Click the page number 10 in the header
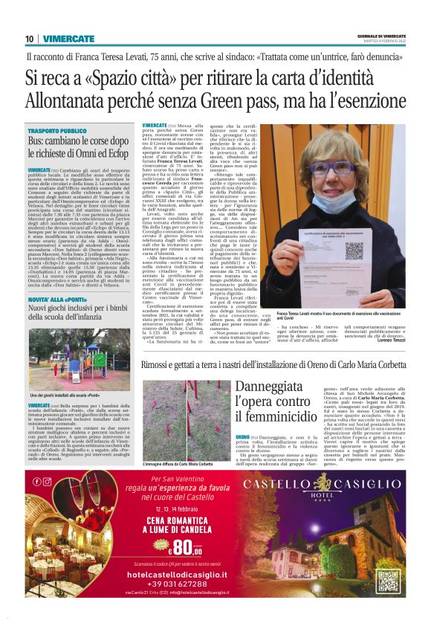[x=29, y=39]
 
